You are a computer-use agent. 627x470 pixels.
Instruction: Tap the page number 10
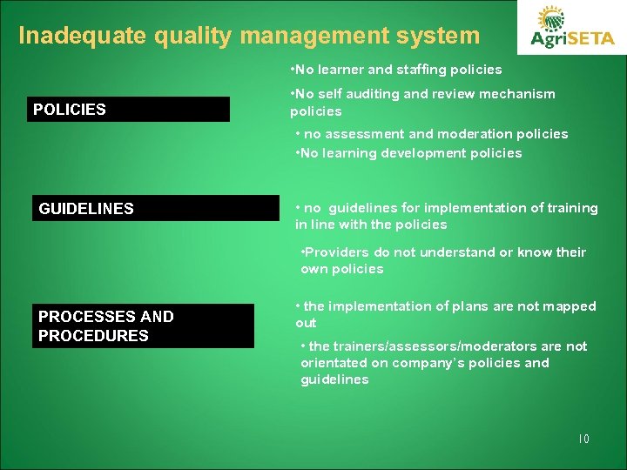point(583,439)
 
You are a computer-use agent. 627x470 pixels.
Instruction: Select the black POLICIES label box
point(129,110)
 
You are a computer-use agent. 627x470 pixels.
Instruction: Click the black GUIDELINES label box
point(156,209)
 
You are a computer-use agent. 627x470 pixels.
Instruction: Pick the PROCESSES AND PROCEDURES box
point(143,326)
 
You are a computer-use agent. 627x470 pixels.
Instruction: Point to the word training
point(571,208)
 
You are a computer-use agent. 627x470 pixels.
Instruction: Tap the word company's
point(430,363)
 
